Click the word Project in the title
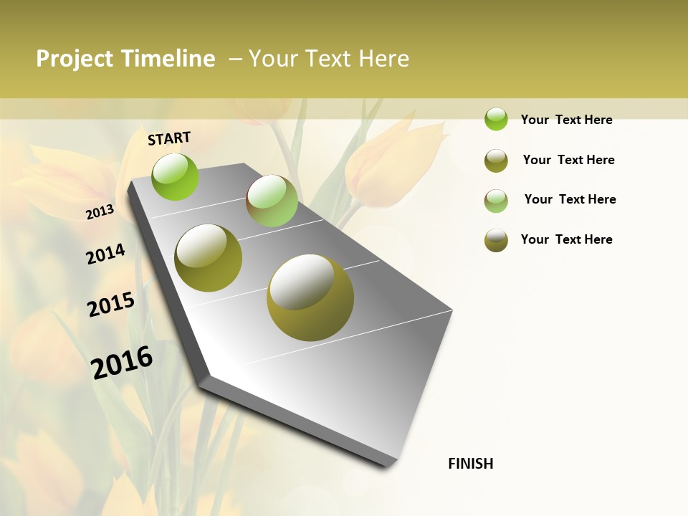(75, 59)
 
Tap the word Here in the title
(383, 59)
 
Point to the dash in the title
(235, 59)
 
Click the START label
(169, 138)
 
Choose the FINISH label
(471, 464)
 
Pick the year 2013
(100, 212)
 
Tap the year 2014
(105, 254)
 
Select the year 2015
(111, 305)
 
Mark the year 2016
(122, 363)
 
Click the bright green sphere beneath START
(176, 176)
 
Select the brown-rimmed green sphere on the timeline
(272, 201)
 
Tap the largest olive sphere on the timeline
(310, 297)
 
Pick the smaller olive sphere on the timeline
(209, 258)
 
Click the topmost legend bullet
(496, 119)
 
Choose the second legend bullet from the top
(496, 161)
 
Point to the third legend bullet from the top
(496, 201)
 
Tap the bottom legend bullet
(496, 240)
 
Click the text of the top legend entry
(566, 120)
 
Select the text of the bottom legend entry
(566, 239)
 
